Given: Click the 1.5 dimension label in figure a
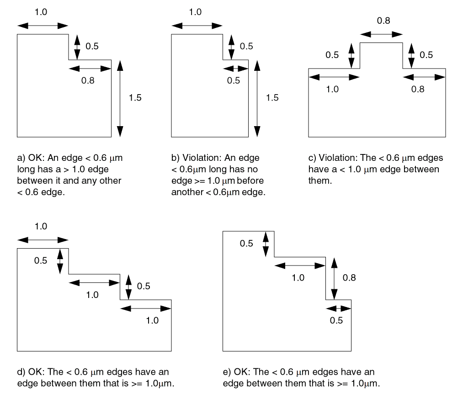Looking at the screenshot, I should pyautogui.click(x=135, y=97).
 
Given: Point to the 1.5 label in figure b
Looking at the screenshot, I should pyautogui.click(x=272, y=97).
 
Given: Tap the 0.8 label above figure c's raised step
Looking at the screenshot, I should pyautogui.click(x=383, y=21).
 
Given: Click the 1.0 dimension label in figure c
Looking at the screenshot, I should pyautogui.click(x=332, y=89).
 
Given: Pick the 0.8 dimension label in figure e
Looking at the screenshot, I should pyautogui.click(x=349, y=277).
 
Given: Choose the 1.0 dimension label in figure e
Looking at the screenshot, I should pyautogui.click(x=298, y=277).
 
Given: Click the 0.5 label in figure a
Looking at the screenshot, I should pyautogui.click(x=92, y=46).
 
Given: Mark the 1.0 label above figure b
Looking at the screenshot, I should pyautogui.click(x=195, y=12).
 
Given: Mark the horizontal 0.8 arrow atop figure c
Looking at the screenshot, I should pyautogui.click(x=381, y=34).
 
